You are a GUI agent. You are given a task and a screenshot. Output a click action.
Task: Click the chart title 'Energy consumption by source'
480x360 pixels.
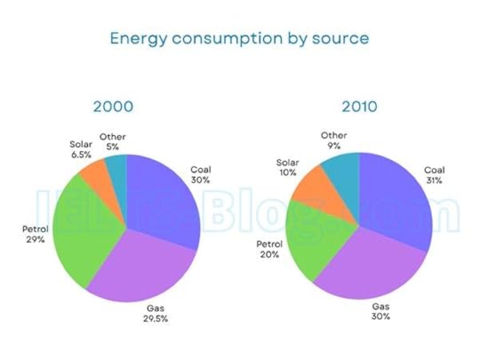pyautogui.click(x=238, y=39)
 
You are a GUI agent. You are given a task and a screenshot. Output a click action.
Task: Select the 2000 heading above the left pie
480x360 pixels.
pyautogui.click(x=114, y=107)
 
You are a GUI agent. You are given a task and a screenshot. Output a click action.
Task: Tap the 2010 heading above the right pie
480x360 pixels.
pyautogui.click(x=358, y=107)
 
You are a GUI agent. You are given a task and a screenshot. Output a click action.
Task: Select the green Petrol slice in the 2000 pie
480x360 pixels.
pyautogui.click(x=84, y=231)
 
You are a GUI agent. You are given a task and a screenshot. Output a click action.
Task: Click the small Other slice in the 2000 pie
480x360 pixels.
pyautogui.click(x=116, y=165)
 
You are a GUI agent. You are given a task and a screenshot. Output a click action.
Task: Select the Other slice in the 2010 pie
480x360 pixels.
pyautogui.click(x=342, y=169)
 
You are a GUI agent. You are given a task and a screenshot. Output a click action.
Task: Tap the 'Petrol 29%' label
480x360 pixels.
pyautogui.click(x=35, y=236)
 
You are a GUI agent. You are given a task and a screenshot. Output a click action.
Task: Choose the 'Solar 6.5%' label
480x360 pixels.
pyautogui.click(x=81, y=148)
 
